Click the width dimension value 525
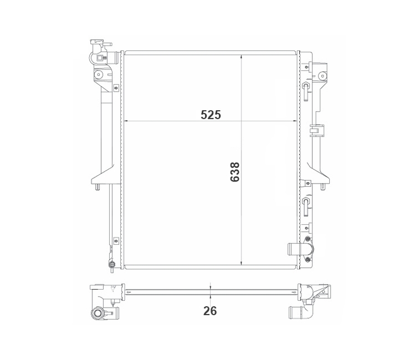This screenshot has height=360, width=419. (211, 115)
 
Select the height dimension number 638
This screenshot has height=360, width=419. (235, 172)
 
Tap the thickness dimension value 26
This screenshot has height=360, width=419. (210, 311)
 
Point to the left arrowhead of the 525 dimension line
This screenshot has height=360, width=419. (127, 121)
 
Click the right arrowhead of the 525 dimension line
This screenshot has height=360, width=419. (295, 121)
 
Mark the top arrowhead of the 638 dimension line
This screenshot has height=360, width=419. (241, 57)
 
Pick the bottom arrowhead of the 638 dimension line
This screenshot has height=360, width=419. (241, 262)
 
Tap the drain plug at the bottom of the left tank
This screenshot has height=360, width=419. (112, 265)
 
